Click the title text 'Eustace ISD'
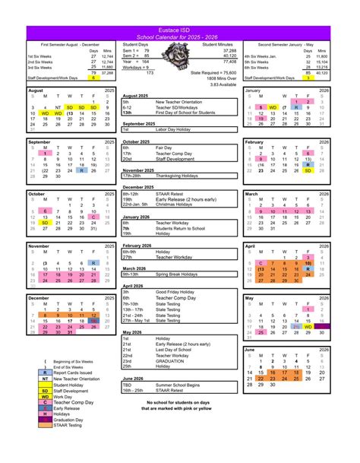pos(180,29)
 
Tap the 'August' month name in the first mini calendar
pos(36,90)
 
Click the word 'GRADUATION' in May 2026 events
pos(172,360)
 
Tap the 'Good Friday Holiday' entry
pos(178,291)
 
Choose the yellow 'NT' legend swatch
pos(45,379)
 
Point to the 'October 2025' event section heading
pos(137,141)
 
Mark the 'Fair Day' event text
pos(165,147)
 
